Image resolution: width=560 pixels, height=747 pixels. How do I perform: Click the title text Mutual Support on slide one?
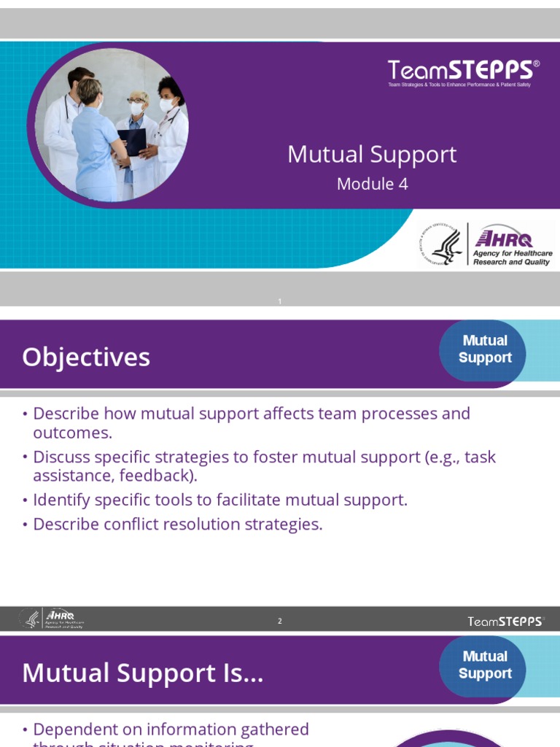372,155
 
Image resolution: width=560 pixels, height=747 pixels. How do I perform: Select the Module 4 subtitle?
372,184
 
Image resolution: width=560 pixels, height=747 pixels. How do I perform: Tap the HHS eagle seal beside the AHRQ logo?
442,244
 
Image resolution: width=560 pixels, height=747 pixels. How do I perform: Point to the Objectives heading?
86,357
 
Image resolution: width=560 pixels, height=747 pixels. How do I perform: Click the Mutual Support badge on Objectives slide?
485,349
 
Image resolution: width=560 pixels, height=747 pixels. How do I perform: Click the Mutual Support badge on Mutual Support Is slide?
485,665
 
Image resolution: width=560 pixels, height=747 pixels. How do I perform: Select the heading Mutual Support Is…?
143,673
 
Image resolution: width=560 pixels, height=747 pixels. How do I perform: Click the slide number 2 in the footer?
279,622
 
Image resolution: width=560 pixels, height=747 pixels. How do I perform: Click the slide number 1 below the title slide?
279,302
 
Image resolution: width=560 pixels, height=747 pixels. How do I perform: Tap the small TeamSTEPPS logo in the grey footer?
505,622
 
